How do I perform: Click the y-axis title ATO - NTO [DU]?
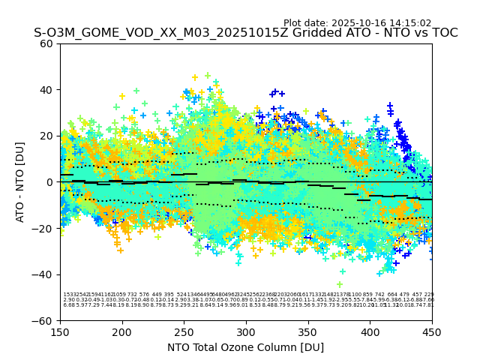tap(20, 182)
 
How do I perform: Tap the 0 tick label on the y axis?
tap(50, 182)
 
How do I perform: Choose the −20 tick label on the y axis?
tap(44, 229)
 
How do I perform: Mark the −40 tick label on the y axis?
tap(44, 274)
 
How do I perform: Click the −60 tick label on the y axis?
tap(44, 321)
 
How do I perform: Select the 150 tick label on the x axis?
tap(60, 332)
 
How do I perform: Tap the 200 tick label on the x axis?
tap(122, 332)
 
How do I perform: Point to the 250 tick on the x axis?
tap(184, 332)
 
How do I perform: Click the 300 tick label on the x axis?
tap(246, 332)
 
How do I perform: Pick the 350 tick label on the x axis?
tap(308, 332)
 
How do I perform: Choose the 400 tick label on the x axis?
tap(370, 332)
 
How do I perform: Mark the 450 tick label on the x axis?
tap(432, 332)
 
